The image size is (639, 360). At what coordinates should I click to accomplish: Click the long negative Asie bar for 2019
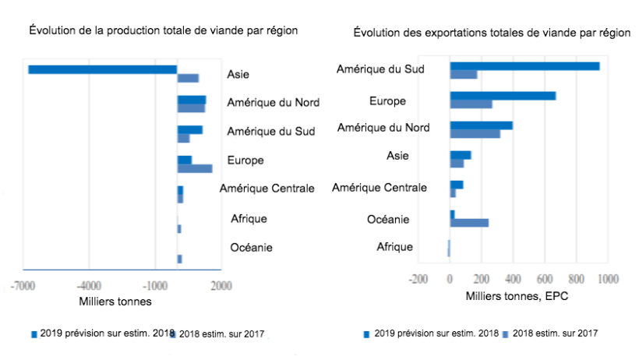click(x=102, y=69)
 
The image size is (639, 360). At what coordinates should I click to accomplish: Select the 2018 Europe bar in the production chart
click(x=194, y=168)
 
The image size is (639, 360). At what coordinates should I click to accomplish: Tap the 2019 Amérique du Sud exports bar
click(x=524, y=66)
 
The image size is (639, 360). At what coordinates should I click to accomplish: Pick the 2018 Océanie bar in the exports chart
click(x=469, y=223)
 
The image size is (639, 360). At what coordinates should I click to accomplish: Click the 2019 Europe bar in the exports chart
click(x=503, y=96)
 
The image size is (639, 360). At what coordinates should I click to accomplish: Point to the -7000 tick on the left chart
click(x=23, y=286)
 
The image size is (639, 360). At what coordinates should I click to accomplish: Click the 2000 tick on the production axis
click(x=221, y=286)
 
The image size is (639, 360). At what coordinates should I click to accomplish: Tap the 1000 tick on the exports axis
click(x=607, y=278)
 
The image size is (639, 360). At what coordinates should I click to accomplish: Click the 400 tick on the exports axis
click(x=513, y=278)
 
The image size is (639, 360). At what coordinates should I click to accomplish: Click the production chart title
click(x=164, y=30)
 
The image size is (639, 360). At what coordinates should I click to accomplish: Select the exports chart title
click(x=491, y=33)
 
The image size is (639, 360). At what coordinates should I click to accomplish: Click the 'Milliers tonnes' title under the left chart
click(x=115, y=302)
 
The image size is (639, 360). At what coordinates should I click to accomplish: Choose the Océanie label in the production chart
click(x=252, y=248)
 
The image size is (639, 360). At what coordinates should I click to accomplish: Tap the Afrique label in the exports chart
click(x=394, y=247)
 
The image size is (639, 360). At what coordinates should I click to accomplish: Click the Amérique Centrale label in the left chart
click(x=267, y=188)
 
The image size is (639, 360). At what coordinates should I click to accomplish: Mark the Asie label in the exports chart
click(x=397, y=156)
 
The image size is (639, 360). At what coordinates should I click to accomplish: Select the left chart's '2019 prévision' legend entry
click(x=101, y=334)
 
